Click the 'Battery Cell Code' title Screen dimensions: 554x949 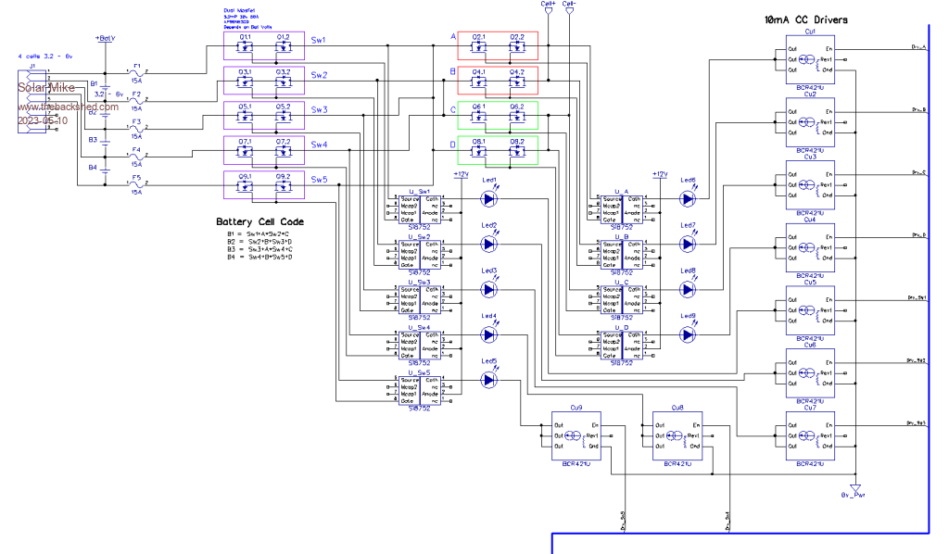click(x=259, y=222)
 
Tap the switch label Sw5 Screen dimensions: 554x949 click(x=319, y=180)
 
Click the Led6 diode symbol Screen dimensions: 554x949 click(x=687, y=197)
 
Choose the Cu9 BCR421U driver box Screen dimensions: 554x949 click(x=576, y=434)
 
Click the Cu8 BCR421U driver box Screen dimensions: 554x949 click(x=677, y=434)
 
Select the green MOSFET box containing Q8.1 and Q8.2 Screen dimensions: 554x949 click(x=499, y=150)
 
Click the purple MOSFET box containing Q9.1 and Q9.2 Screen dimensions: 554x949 click(x=264, y=184)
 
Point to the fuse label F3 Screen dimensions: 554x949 click(x=136, y=121)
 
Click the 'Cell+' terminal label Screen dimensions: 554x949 click(x=548, y=5)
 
